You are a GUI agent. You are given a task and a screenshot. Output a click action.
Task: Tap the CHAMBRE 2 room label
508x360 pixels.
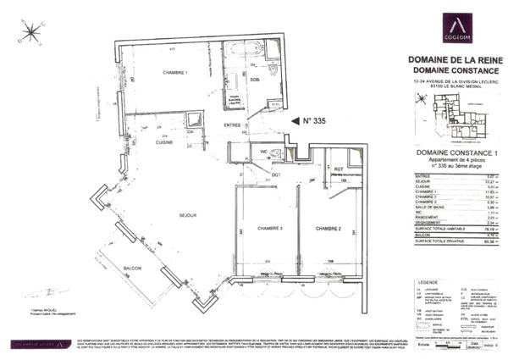pyautogui.click(x=328, y=229)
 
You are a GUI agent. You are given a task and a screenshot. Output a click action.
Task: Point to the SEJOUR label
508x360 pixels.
pyautogui.click(x=188, y=215)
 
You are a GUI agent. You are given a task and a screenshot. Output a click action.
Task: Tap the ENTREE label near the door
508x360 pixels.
pyautogui.click(x=233, y=125)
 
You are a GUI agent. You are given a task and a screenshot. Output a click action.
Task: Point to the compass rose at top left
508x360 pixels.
pyautogui.click(x=31, y=32)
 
